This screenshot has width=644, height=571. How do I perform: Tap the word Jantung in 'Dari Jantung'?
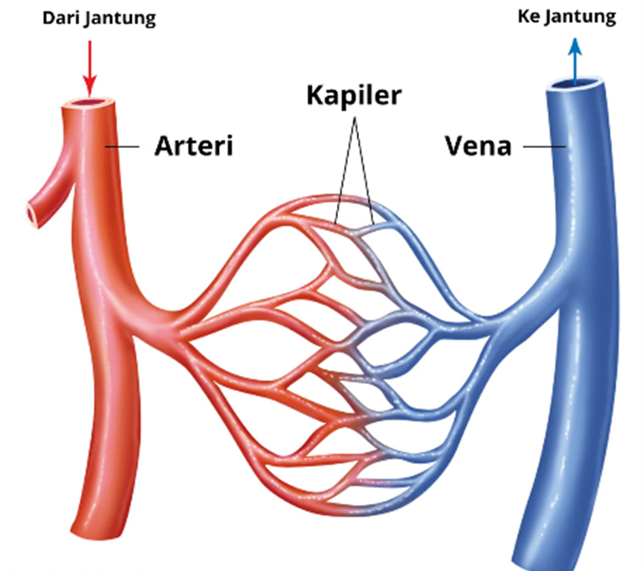tap(121, 19)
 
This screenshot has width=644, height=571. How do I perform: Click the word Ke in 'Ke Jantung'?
tap(528, 16)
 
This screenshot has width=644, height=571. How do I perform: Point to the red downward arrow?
tap(90, 68)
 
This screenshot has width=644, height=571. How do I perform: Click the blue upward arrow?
tap(575, 62)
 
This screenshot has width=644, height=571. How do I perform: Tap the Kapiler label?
tap(354, 96)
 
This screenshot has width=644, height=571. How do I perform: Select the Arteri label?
tap(194, 145)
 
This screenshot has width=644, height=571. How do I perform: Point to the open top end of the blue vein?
tap(574, 83)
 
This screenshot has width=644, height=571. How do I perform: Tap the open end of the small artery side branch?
tap(33, 214)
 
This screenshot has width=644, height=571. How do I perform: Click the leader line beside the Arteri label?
tap(122, 147)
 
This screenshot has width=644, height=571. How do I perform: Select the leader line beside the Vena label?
tap(545, 146)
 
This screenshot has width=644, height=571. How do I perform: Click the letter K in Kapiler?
tap(316, 95)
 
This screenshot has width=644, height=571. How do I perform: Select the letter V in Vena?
tap(455, 145)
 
